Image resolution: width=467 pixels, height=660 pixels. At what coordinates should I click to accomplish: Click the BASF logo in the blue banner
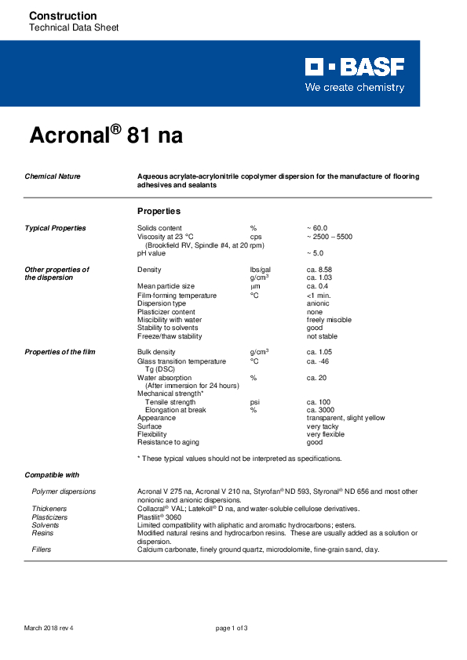click(355, 67)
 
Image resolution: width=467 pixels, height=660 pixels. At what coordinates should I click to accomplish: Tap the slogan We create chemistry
click(355, 88)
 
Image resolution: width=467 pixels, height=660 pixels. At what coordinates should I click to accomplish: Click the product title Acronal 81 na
click(106, 135)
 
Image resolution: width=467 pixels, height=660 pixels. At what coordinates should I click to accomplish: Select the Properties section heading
click(159, 212)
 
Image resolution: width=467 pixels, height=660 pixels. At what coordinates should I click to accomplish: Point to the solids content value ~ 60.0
click(316, 228)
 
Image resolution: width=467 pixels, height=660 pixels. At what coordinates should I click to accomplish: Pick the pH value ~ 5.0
click(315, 253)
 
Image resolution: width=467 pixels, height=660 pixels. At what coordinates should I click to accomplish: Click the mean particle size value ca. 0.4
click(318, 286)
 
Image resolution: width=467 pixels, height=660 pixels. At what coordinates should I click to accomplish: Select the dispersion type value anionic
click(318, 303)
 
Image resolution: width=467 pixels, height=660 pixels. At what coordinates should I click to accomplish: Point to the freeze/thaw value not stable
click(323, 336)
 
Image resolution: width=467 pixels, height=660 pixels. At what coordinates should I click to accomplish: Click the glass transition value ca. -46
click(318, 361)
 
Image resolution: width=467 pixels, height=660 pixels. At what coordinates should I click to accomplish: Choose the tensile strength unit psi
click(254, 402)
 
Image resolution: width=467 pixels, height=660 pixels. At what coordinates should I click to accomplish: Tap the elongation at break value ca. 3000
click(321, 410)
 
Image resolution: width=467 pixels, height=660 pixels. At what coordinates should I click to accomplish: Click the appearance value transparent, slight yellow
click(345, 418)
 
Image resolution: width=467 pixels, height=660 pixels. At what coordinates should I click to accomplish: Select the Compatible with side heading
click(52, 475)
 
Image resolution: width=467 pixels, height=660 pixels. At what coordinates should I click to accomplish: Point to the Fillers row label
click(42, 549)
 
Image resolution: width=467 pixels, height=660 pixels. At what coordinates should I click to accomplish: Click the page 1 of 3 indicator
click(232, 629)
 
